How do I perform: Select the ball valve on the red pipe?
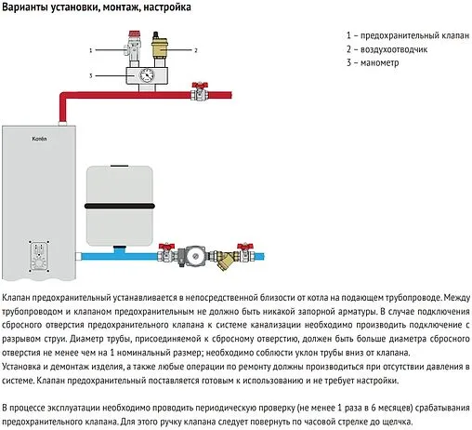(x=197, y=92)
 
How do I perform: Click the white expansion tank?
(x=124, y=199)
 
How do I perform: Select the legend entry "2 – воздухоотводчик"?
(x=385, y=49)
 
